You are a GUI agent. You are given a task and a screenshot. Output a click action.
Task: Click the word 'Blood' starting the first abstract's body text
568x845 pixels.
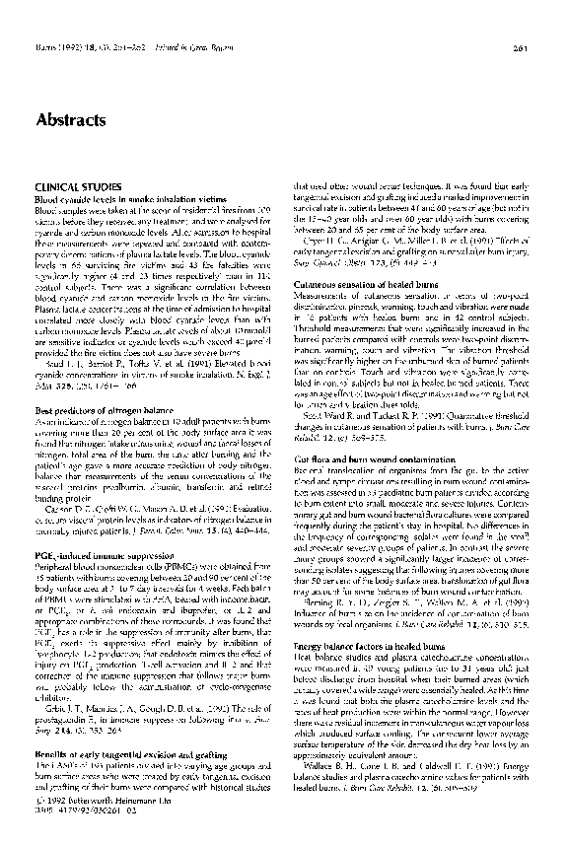point(45,211)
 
